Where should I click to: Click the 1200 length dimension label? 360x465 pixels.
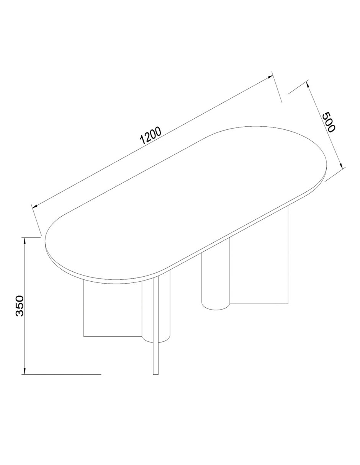(150, 135)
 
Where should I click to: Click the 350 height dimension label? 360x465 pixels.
(20, 306)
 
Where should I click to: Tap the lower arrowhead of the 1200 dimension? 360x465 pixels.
(35, 206)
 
